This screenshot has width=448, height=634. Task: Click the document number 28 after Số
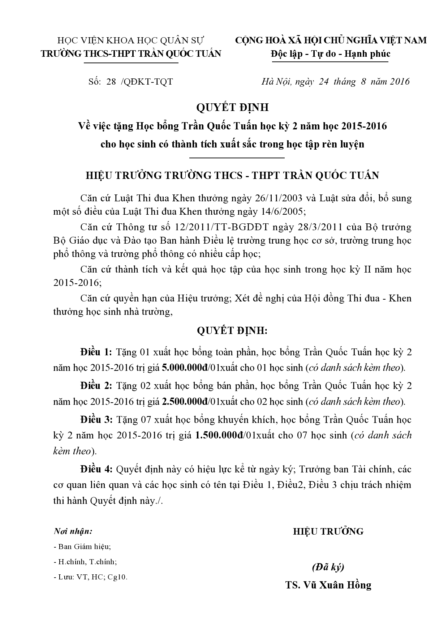point(111,82)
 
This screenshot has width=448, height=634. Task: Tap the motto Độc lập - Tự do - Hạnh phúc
point(331,54)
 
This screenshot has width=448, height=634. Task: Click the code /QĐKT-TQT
point(148,82)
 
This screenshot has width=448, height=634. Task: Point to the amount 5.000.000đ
point(185,368)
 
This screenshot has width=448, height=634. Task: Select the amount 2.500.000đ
point(185,402)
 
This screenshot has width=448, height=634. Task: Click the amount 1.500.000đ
point(218,435)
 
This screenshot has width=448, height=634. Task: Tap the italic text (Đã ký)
point(328,567)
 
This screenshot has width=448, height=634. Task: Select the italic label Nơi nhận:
point(73,531)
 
